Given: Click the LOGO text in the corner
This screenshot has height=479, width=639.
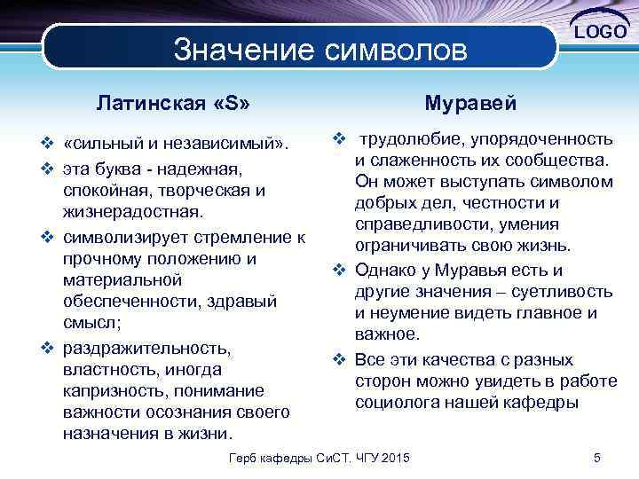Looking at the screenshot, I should pos(601,33).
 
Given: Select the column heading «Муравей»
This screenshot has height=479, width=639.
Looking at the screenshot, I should pos(469,103).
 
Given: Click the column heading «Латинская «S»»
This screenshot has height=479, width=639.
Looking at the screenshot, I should pos(172,103).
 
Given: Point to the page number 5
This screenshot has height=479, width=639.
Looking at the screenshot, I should pos(597,458).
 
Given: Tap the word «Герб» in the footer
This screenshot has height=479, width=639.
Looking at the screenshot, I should pos(244,458).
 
